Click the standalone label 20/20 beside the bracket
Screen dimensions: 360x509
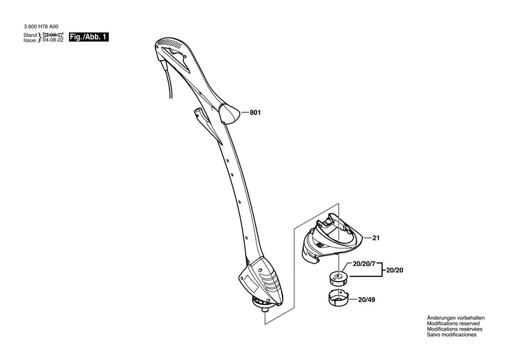395,270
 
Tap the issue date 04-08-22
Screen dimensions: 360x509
53,40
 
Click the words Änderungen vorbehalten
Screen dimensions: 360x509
455,318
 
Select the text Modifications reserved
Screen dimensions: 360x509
454,324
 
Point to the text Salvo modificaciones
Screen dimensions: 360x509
451,335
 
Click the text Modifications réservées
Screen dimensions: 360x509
455,329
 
